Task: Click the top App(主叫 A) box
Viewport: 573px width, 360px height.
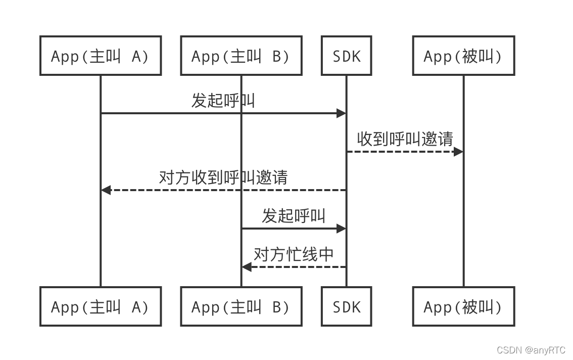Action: tap(101, 56)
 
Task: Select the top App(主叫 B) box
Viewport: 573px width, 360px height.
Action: tap(241, 56)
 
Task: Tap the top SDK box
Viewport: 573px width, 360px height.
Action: tap(347, 56)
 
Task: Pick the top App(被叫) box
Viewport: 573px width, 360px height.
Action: tap(463, 56)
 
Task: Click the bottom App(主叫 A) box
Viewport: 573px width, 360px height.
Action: tap(101, 306)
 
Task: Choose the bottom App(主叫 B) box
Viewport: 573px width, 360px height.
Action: tap(241, 306)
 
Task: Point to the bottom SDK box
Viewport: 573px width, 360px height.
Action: tap(347, 306)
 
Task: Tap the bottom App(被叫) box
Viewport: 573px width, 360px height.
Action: tap(463, 306)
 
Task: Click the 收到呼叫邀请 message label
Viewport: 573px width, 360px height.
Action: tap(405, 139)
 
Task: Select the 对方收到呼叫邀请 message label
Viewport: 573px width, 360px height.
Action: tap(223, 177)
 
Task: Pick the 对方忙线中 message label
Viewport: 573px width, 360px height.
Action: tap(294, 254)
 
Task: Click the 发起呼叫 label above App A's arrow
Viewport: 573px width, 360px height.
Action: tap(223, 100)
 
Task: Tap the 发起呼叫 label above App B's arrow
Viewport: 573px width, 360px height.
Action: tap(294, 215)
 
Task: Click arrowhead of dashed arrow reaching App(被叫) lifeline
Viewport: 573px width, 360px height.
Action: tap(458, 152)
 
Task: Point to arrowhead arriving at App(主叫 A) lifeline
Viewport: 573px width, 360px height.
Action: tap(106, 190)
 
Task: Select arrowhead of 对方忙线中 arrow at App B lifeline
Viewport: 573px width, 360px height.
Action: tap(246, 267)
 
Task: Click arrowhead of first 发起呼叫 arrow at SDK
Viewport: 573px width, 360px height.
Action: tap(342, 113)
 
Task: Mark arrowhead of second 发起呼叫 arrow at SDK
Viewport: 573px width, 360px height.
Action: tap(342, 229)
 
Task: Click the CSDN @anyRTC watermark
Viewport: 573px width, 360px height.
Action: tap(531, 350)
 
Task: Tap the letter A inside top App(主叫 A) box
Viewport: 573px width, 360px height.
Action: tap(136, 56)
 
